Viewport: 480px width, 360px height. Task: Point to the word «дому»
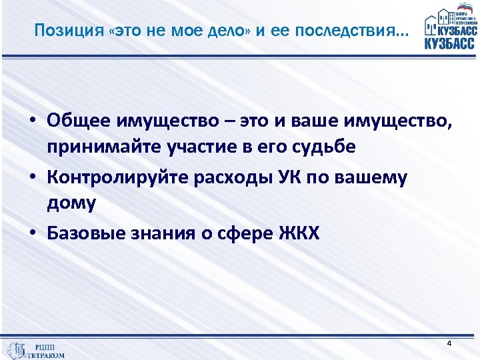71,203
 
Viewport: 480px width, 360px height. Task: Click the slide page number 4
449,343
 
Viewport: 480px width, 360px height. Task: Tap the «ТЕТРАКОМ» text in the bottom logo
46,355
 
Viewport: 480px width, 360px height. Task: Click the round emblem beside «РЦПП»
15,349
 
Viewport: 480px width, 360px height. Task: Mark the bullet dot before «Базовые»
32,234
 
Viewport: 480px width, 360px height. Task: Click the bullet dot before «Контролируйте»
32,178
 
